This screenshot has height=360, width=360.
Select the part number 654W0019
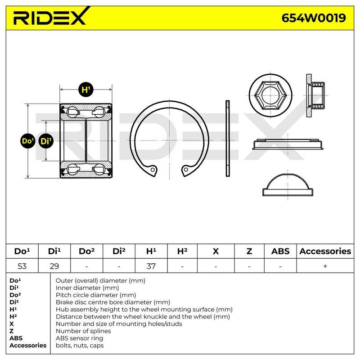[314, 18]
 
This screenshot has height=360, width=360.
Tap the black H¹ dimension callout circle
[86, 89]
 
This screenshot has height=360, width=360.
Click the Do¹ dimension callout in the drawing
[28, 141]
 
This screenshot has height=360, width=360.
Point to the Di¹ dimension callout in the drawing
[46, 141]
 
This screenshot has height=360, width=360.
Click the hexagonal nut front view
[270, 95]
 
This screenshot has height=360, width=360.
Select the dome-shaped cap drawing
[288, 185]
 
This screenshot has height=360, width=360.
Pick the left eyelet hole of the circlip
[153, 170]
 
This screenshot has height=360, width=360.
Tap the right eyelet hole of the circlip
[186, 170]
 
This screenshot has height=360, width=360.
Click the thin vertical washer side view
[228, 139]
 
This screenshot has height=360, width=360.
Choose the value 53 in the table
[22, 266]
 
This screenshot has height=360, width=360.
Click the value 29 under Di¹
[54, 266]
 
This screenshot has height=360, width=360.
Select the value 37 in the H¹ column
[151, 266]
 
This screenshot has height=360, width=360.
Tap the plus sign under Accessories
[325, 266]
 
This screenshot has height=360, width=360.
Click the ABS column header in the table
[280, 251]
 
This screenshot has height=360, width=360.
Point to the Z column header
[249, 251]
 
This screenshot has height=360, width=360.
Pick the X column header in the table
[216, 251]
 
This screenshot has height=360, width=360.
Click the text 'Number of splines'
[83, 331]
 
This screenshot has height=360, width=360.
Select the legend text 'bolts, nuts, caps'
[80, 345]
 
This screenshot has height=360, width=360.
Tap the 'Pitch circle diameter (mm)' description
[96, 295]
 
